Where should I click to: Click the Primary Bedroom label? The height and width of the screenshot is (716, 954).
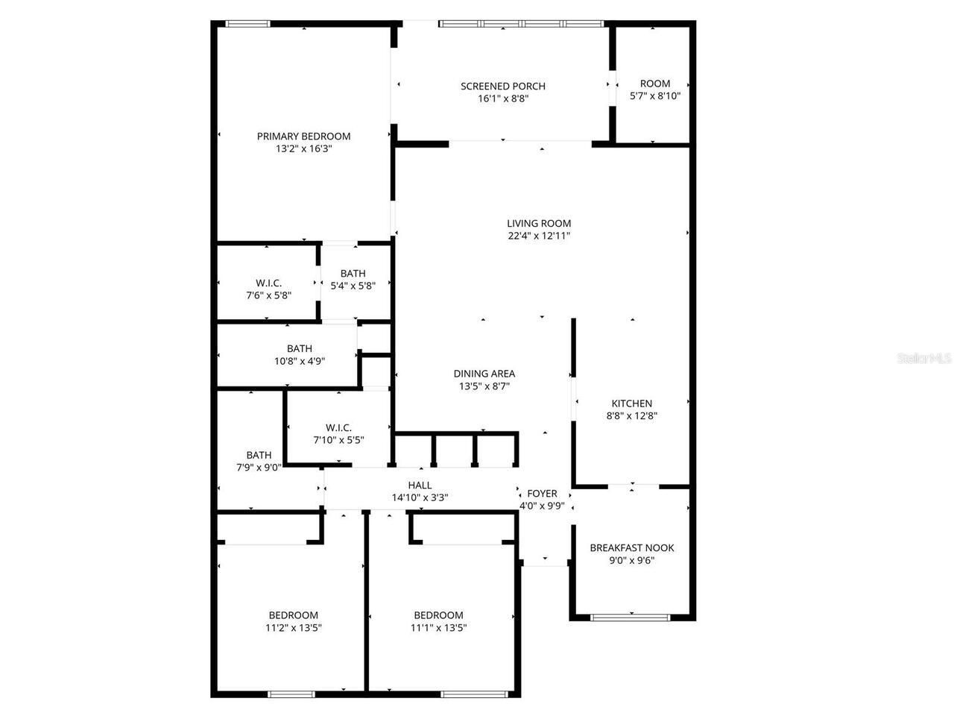coord(303,136)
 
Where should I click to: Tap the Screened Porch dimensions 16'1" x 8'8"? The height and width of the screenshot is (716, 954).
coord(503,98)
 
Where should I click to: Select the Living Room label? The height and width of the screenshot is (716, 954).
coord(539,223)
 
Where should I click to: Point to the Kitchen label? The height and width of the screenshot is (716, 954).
coord(632,403)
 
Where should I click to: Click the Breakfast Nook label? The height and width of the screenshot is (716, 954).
coord(632,547)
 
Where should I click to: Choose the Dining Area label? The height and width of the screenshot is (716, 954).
coord(484,374)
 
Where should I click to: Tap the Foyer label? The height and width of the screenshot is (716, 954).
coord(542,493)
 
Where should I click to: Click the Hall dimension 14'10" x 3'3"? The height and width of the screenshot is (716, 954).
coord(420,497)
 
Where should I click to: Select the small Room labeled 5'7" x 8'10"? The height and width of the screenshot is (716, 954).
coord(655,84)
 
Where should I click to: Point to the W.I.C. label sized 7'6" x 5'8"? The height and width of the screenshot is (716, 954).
coord(268,283)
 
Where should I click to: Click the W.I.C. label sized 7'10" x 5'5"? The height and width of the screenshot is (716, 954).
coord(338,427)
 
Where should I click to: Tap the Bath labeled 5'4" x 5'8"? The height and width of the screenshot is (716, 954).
coord(353,273)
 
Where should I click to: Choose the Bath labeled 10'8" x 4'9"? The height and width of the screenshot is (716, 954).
coord(300,348)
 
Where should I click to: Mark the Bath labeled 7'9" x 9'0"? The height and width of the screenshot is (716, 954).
coord(259,455)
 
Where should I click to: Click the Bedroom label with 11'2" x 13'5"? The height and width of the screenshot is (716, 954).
coord(294,615)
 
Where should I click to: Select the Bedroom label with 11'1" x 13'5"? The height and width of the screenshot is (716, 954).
coord(439,615)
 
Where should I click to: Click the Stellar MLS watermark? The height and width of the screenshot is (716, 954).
coord(924,359)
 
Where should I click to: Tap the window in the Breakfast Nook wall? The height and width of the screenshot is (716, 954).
coord(631,617)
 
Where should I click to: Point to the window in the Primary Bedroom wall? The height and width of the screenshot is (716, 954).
coord(247,24)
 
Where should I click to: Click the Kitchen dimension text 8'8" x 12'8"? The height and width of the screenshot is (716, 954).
coord(632,416)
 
